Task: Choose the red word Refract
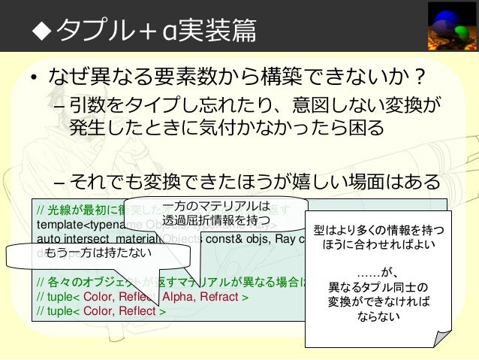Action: pyautogui.click(x=221, y=297)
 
